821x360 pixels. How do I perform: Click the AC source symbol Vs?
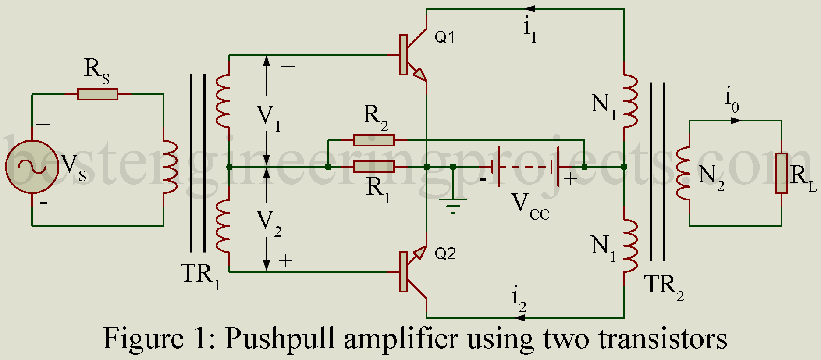(x=32, y=167)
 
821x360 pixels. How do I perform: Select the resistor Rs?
(x=98, y=94)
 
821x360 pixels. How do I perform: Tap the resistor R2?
(x=374, y=140)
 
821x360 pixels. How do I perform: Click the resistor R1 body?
(x=374, y=167)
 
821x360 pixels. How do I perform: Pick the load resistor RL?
(x=782, y=173)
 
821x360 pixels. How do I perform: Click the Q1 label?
(x=444, y=37)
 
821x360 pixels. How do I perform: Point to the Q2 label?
(x=445, y=253)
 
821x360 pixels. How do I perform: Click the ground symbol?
(x=453, y=204)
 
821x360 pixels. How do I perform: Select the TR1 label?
(x=199, y=275)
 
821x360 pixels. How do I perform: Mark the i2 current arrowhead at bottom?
(x=519, y=317)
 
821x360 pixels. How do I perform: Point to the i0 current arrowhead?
(x=736, y=121)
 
